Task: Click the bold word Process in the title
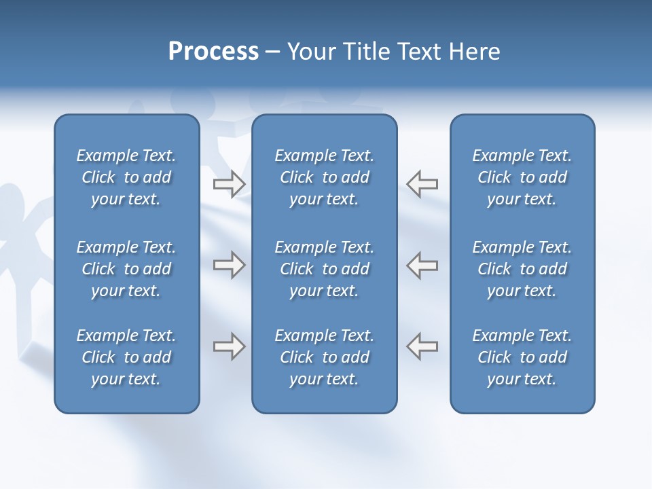(213, 52)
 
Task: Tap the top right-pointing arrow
(229, 183)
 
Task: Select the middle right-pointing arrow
(229, 265)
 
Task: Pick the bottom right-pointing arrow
(229, 346)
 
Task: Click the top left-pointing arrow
(422, 183)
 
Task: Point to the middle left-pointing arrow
(422, 265)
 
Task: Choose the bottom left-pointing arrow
(422, 346)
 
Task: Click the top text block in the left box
(126, 177)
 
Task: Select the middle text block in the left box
(126, 269)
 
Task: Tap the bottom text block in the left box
(126, 357)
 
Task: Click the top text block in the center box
(324, 177)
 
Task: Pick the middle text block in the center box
(324, 269)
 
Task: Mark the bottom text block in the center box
(324, 357)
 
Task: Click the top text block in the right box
(522, 177)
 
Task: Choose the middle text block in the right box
(522, 269)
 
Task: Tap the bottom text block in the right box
(522, 357)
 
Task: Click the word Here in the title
(475, 52)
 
